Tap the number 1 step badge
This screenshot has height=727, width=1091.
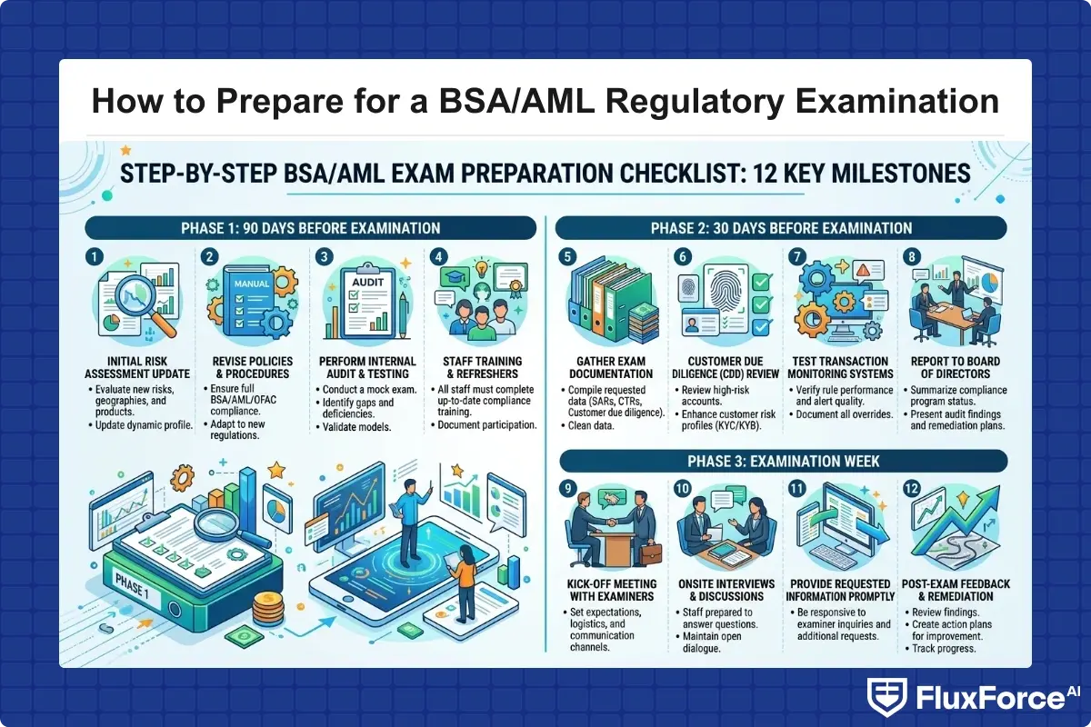click(x=93, y=258)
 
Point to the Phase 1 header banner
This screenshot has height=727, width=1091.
click(x=309, y=228)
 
